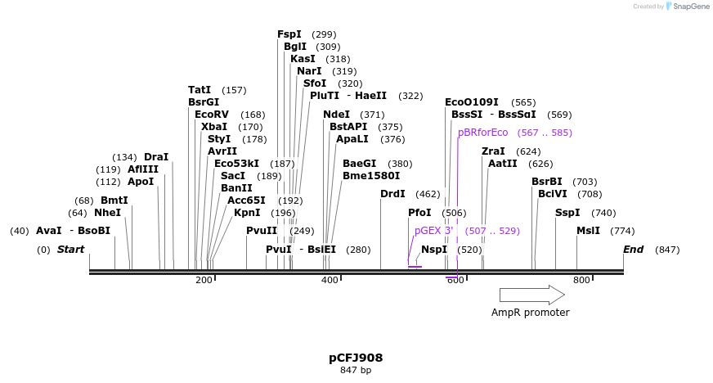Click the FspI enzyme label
pyautogui.click(x=289, y=34)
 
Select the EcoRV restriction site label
pyautogui.click(x=212, y=115)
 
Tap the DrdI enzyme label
pyautogui.click(x=392, y=194)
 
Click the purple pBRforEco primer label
pyautogui.click(x=482, y=133)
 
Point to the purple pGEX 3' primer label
pyautogui.click(x=433, y=232)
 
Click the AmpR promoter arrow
pyautogui.click(x=531, y=295)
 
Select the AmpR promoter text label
pyautogui.click(x=530, y=313)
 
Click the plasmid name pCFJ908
pyautogui.click(x=356, y=358)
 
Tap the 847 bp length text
pyautogui.click(x=356, y=371)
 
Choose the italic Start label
pyautogui.click(x=70, y=250)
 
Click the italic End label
pyautogui.click(x=633, y=250)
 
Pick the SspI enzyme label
pyautogui.click(x=567, y=213)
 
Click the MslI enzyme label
pyautogui.click(x=588, y=231)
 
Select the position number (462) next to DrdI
pyautogui.click(x=428, y=194)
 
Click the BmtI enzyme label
pyautogui.click(x=114, y=201)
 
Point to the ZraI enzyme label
pyautogui.click(x=493, y=151)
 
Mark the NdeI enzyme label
pyautogui.click(x=336, y=115)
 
